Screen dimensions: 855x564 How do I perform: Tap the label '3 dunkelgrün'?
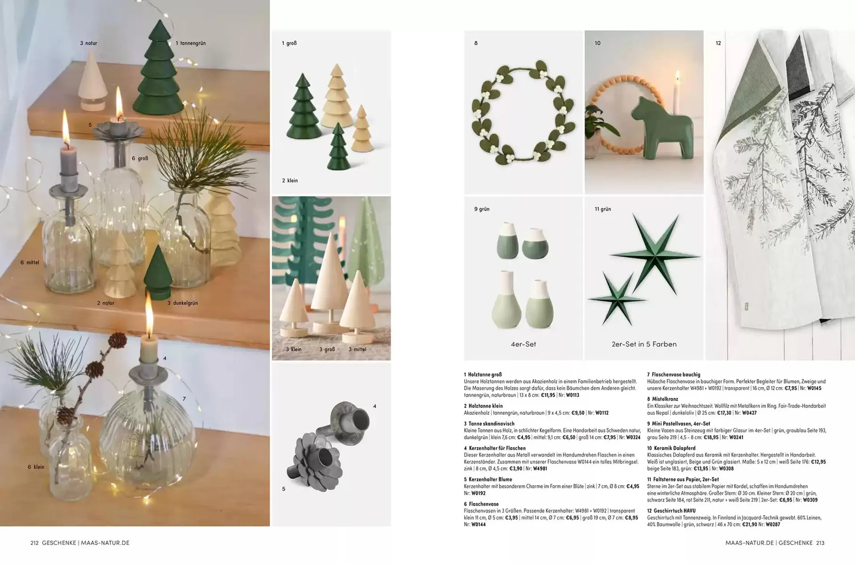click(x=183, y=303)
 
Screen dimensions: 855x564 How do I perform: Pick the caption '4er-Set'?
click(x=523, y=344)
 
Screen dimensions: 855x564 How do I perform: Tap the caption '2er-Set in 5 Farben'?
click(x=644, y=344)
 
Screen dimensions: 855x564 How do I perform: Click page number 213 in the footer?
click(x=820, y=543)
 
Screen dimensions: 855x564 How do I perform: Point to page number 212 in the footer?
click(x=35, y=543)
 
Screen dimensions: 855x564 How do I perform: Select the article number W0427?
click(x=748, y=413)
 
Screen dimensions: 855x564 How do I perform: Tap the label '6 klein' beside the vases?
click(x=36, y=467)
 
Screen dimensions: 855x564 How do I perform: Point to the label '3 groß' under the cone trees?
click(x=327, y=349)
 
